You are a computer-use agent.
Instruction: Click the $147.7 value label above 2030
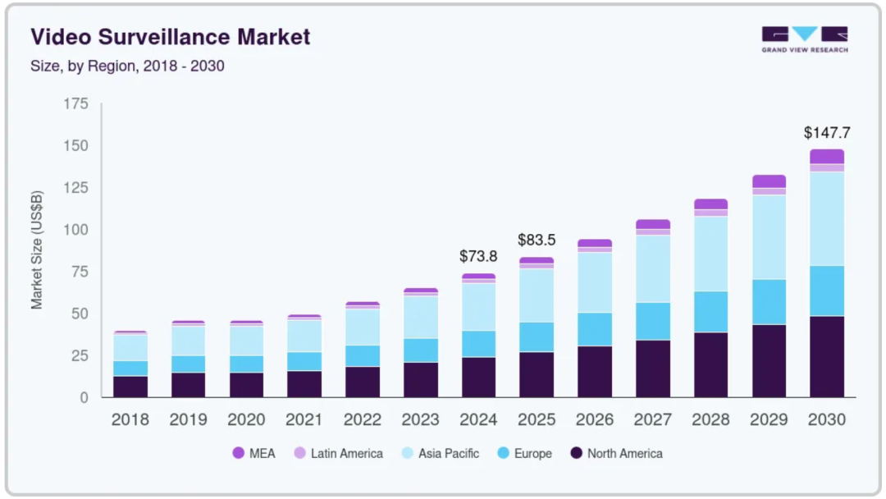point(826,132)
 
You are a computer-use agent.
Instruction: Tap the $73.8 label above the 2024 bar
point(478,256)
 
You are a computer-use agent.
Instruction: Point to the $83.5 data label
point(537,240)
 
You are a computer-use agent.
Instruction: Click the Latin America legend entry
point(338,453)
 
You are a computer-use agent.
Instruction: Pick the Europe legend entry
point(524,453)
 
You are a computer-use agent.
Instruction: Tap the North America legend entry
point(616,453)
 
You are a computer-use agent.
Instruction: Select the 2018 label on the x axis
point(130,419)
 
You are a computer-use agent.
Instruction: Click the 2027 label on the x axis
point(652,419)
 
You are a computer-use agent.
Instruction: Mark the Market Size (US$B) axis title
point(37,251)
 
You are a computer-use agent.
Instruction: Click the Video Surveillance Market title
point(171,37)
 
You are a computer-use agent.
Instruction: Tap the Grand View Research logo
point(804,39)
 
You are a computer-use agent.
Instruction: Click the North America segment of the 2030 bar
point(827,356)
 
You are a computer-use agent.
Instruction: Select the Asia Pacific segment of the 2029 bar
point(769,237)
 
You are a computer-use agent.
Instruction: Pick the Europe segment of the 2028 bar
point(710,312)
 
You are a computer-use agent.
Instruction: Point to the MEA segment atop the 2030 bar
point(827,156)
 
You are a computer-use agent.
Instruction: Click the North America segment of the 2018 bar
point(130,387)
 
